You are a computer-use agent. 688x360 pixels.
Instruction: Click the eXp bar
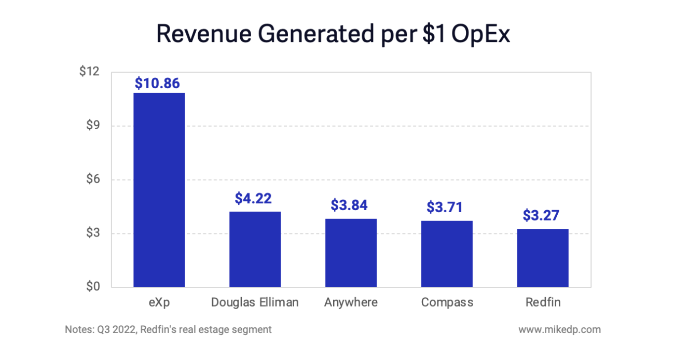(159, 190)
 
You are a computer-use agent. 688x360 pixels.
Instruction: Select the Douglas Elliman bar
(255, 249)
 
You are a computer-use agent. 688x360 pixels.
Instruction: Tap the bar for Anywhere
(351, 253)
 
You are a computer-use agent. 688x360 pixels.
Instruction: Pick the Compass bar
(447, 254)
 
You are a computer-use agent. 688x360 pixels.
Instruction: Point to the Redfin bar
(543, 258)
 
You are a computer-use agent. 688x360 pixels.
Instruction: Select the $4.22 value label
(253, 198)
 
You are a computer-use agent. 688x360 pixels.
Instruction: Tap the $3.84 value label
(349, 205)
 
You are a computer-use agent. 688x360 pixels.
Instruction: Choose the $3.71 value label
(445, 207)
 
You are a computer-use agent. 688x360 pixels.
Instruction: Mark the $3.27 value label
(541, 215)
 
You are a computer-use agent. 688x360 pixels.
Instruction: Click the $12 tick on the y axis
(89, 72)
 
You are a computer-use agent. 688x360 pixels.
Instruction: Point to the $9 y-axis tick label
(92, 126)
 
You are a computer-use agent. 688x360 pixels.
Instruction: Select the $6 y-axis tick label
(92, 179)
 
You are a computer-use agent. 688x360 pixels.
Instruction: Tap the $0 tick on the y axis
(92, 287)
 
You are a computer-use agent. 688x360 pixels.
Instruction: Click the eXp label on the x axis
(159, 302)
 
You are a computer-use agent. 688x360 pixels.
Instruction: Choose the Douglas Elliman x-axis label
(255, 302)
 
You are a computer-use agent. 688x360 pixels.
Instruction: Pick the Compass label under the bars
(447, 302)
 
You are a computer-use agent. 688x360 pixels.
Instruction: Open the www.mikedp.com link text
(559, 329)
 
